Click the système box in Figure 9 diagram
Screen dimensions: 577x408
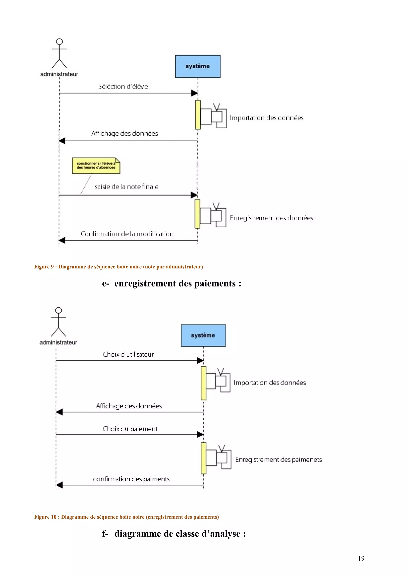click(x=198, y=66)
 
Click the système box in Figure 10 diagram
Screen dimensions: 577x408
click(x=203, y=335)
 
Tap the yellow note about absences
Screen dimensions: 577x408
click(x=96, y=166)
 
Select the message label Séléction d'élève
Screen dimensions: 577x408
click(x=123, y=86)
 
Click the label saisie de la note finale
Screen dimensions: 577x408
click(x=127, y=187)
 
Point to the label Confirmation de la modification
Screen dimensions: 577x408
click(x=127, y=234)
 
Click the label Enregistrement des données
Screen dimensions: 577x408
click(x=271, y=218)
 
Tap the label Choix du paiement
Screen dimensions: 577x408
click(x=130, y=429)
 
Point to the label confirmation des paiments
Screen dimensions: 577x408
click(x=131, y=479)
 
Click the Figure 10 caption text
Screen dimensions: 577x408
click(x=127, y=517)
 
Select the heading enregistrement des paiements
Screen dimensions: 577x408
click(x=172, y=284)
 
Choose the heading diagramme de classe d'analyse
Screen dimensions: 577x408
click(x=174, y=534)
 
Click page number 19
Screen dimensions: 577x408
click(x=361, y=558)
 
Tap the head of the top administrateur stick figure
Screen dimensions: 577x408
click(x=59, y=41)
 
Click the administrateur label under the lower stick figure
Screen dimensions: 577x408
click(x=58, y=342)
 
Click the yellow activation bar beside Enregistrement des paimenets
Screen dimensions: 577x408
click(x=203, y=458)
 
